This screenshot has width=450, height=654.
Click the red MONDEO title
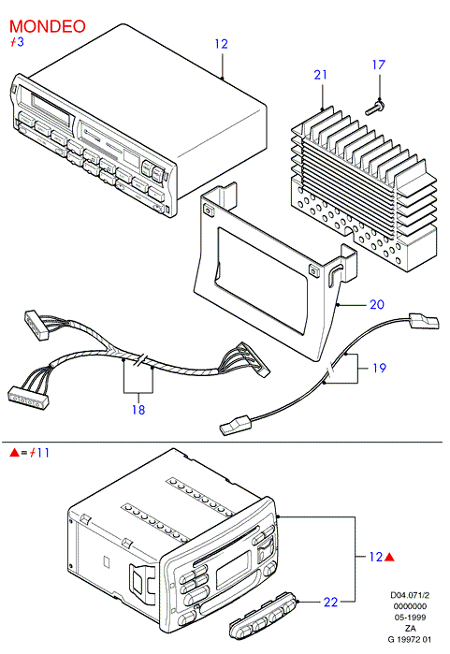(x=47, y=26)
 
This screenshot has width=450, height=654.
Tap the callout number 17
(x=379, y=65)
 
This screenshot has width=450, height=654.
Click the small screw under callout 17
(x=375, y=108)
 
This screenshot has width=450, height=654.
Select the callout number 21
(x=320, y=75)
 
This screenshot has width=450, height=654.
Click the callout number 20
(x=377, y=304)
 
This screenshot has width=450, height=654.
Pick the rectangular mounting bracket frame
(x=275, y=271)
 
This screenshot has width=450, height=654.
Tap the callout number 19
(x=379, y=368)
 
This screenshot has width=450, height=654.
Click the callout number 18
(x=138, y=410)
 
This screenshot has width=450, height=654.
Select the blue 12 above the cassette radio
(x=222, y=44)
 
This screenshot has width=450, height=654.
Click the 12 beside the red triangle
(x=376, y=557)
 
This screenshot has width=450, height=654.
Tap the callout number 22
(x=330, y=602)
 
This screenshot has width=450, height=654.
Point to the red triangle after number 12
(x=389, y=557)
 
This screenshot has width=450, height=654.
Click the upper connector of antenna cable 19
(x=425, y=321)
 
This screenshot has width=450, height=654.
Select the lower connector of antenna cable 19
(x=235, y=426)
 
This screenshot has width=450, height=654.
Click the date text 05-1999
(x=410, y=618)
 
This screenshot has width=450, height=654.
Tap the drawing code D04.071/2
(x=410, y=595)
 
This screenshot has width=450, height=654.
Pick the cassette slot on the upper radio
(x=51, y=108)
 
